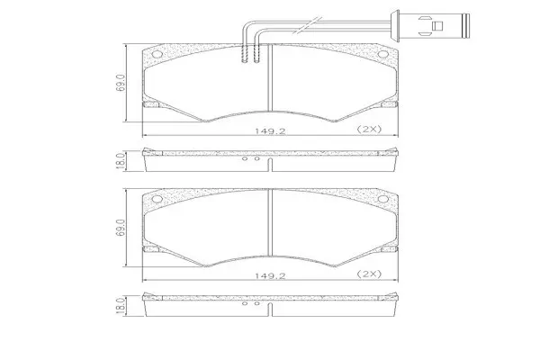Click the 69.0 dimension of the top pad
click(121, 83)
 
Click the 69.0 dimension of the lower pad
click(121, 228)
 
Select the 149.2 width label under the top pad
click(270, 130)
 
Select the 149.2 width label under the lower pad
click(270, 275)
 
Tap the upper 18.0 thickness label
click(121, 161)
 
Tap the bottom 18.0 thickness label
click(121, 306)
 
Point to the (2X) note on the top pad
click(369, 130)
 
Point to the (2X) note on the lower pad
click(369, 274)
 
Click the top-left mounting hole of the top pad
click(157, 54)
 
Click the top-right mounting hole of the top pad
click(383, 54)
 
